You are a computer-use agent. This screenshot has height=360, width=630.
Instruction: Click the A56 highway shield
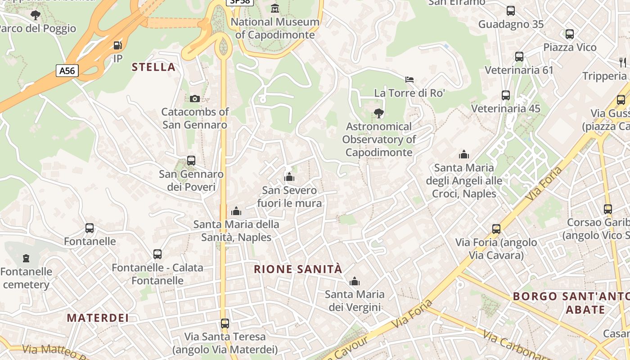[67, 71]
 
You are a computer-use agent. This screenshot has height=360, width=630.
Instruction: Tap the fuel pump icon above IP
[117, 45]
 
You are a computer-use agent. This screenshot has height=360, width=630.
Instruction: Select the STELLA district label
[153, 67]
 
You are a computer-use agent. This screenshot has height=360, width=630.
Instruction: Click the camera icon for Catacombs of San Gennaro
[195, 99]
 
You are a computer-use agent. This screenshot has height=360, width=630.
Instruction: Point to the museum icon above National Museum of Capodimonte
[275, 8]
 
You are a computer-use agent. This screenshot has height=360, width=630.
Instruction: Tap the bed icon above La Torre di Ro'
[409, 80]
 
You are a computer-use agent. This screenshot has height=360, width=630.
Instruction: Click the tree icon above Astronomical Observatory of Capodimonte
[379, 113]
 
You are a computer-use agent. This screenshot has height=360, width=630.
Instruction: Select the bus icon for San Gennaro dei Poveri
[191, 161]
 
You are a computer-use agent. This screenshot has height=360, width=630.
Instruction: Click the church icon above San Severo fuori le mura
[289, 177]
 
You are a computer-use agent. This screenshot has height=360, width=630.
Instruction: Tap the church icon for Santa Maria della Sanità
[236, 211]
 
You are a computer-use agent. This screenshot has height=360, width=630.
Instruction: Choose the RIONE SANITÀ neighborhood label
[298, 270]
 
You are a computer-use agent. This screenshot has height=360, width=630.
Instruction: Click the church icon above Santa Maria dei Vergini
[355, 281]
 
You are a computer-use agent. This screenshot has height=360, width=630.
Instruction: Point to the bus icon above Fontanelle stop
[90, 228]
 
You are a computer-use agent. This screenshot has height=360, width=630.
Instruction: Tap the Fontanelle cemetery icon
[26, 258]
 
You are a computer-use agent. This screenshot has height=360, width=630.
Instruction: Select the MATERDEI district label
[98, 318]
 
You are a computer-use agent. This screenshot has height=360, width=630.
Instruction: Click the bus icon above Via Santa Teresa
[225, 323]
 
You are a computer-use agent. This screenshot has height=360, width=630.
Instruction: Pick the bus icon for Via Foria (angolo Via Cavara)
[496, 229]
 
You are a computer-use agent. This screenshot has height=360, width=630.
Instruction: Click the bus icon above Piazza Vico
[570, 34]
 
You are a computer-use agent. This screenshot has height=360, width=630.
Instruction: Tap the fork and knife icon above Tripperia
[623, 62]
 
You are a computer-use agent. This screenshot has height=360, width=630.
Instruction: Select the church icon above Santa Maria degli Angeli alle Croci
[464, 154]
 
